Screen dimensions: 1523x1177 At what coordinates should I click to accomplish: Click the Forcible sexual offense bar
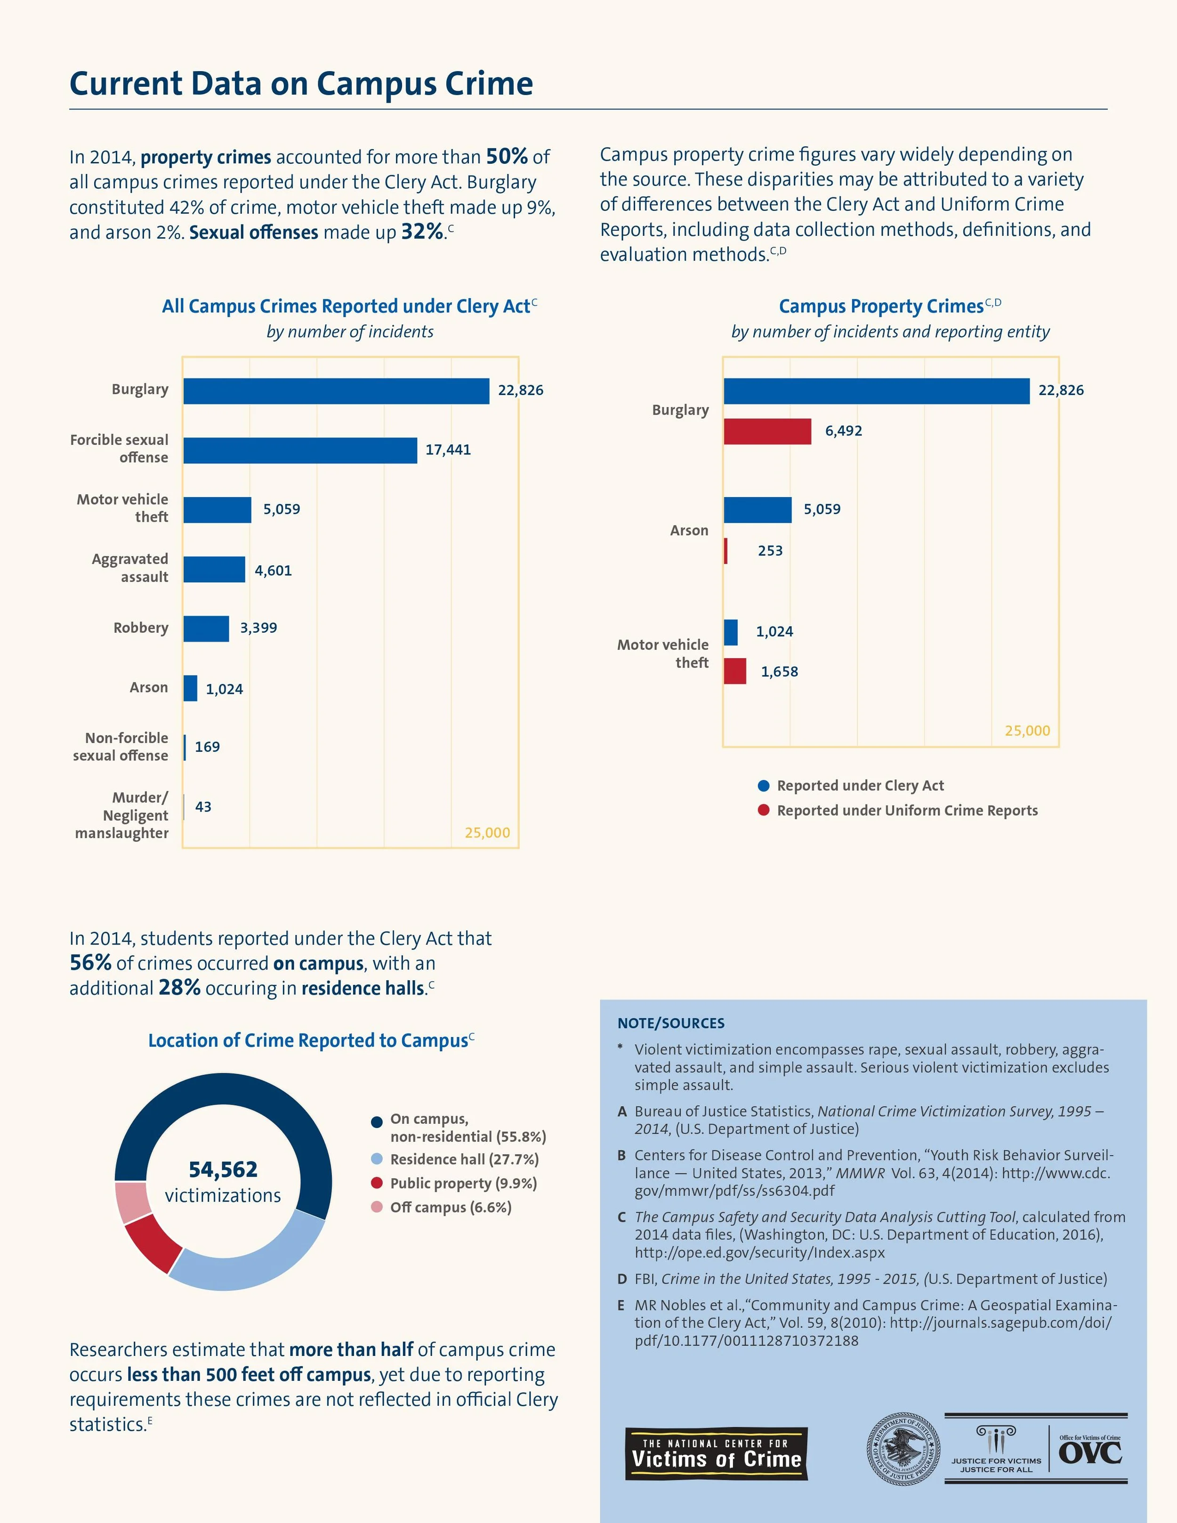pyautogui.click(x=300, y=451)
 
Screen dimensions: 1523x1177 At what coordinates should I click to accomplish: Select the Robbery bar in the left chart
pyautogui.click(x=206, y=629)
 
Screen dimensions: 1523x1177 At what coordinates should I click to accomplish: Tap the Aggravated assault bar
pyautogui.click(x=214, y=569)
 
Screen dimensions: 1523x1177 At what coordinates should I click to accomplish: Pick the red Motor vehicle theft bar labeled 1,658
pyautogui.click(x=735, y=671)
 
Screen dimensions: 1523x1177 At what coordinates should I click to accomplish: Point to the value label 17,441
pyautogui.click(x=448, y=450)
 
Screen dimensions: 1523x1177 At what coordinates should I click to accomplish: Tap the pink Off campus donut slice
pyautogui.click(x=130, y=1201)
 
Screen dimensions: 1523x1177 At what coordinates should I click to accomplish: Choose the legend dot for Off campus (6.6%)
pyautogui.click(x=377, y=1207)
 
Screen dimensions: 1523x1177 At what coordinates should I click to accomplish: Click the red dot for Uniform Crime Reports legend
pyautogui.click(x=764, y=810)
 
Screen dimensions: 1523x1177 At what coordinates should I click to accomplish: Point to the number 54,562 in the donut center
pyautogui.click(x=223, y=1169)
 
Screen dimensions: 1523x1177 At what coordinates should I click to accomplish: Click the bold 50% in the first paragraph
pyautogui.click(x=506, y=156)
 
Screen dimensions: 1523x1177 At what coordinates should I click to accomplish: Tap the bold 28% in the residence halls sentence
pyautogui.click(x=179, y=987)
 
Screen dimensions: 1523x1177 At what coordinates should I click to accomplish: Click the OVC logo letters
pyautogui.click(x=1090, y=1453)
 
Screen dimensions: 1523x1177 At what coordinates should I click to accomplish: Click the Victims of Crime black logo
pyautogui.click(x=716, y=1454)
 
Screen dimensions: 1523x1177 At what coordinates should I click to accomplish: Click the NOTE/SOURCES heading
pyautogui.click(x=671, y=1023)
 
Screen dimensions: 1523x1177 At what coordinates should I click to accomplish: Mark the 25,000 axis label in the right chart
pyautogui.click(x=1027, y=731)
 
